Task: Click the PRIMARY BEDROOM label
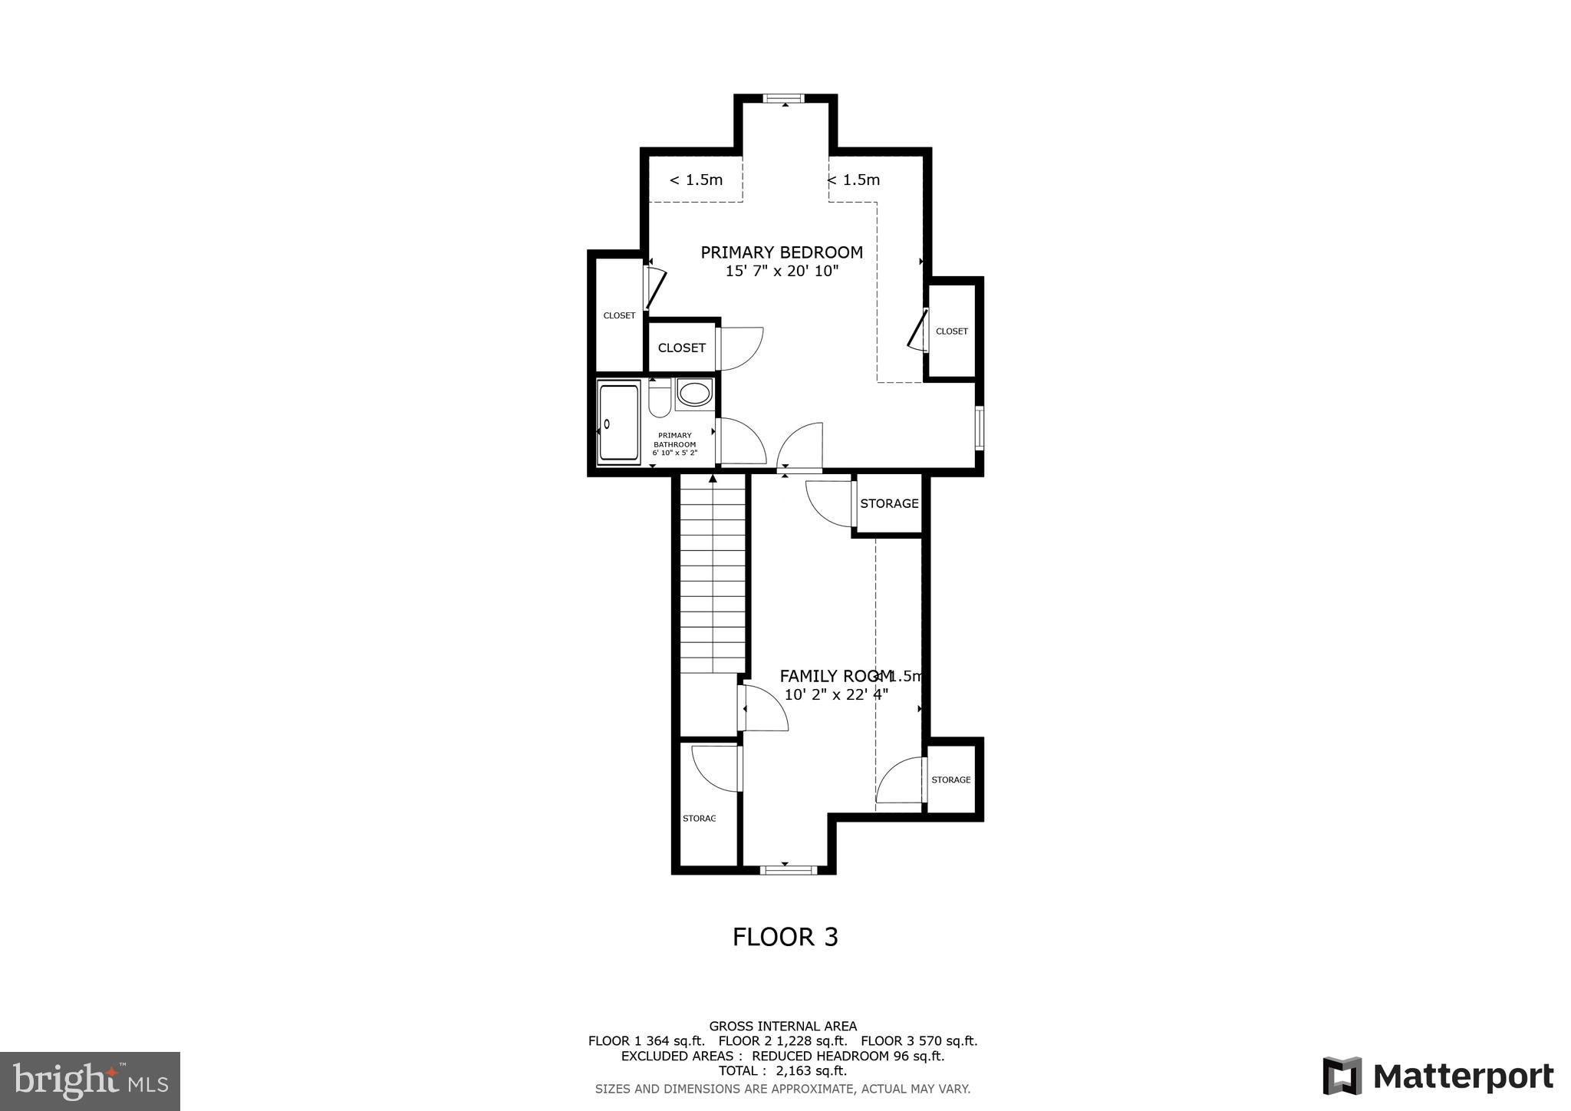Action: (x=782, y=252)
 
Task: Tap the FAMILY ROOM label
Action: (x=835, y=676)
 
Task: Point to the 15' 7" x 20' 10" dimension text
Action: (x=782, y=272)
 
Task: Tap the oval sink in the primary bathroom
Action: (x=694, y=394)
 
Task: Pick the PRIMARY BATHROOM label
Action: (x=674, y=444)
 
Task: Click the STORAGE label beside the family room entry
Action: (x=889, y=504)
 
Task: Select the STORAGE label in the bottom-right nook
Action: (x=950, y=780)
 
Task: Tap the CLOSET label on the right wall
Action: (x=951, y=331)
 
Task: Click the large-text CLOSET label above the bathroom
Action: (x=681, y=348)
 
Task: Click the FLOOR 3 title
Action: (x=785, y=938)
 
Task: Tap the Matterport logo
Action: (x=1438, y=1076)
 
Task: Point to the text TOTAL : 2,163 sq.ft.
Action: (x=782, y=1071)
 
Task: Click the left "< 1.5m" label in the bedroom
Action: (x=696, y=180)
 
